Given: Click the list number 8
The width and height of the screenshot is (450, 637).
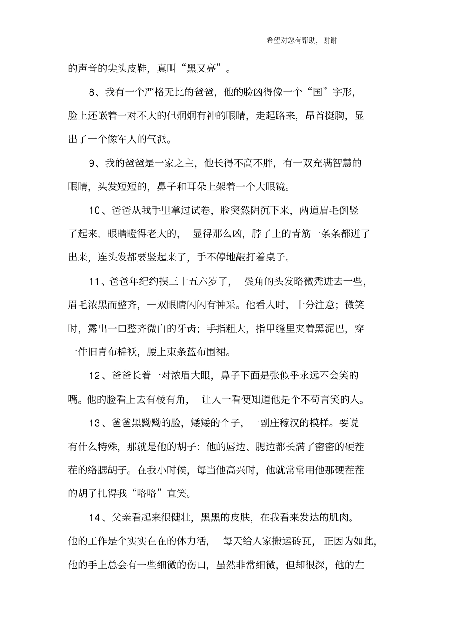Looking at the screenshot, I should [92, 92].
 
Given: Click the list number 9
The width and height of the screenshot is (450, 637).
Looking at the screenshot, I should [92, 163].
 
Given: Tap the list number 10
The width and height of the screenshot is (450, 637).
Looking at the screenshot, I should [95, 210].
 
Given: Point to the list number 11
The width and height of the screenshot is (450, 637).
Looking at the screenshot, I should [95, 281].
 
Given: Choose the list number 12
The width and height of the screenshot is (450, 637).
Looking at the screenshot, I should [95, 376].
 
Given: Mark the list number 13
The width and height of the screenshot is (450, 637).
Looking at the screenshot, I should [95, 423].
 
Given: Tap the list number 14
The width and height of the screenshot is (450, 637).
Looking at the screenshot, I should [95, 518].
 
